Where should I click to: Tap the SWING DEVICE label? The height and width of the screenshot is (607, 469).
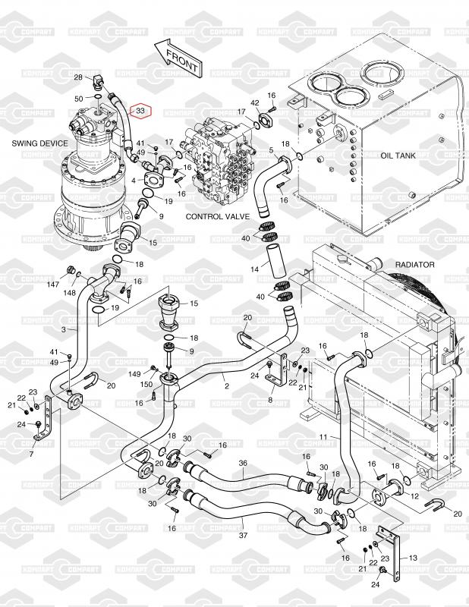tap(39, 143)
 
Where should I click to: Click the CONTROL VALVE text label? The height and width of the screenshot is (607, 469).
tap(216, 217)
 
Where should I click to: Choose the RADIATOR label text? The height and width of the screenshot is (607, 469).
tap(414, 265)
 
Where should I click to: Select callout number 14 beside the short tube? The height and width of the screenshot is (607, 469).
tap(256, 269)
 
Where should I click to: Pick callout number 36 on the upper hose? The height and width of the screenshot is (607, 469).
tap(243, 464)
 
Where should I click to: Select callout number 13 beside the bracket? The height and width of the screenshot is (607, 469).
tap(414, 557)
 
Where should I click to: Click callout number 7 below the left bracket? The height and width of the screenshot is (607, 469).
tap(31, 454)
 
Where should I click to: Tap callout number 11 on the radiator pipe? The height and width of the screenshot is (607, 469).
tap(323, 437)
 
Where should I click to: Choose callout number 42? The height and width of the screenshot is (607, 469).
tap(255, 102)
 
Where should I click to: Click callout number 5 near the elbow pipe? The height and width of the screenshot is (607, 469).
tap(271, 151)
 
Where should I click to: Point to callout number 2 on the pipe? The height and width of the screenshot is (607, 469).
tap(226, 385)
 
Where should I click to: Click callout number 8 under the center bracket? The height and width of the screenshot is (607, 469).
tap(271, 399)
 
